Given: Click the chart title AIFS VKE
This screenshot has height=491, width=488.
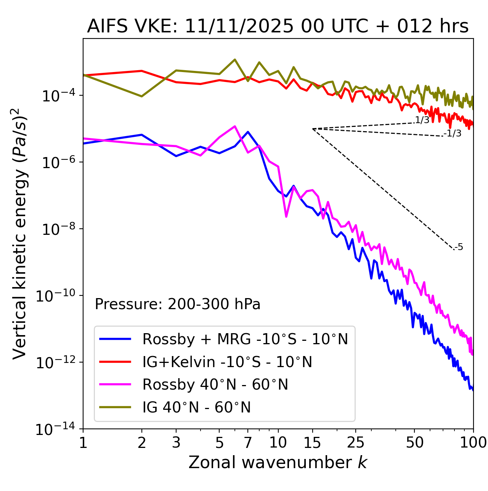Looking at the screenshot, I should [x=278, y=27].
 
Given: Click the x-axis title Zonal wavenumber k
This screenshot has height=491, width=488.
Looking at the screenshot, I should [x=278, y=462].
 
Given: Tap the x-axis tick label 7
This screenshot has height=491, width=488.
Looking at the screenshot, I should [x=248, y=443].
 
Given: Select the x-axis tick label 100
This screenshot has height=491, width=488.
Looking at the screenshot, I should [x=473, y=443].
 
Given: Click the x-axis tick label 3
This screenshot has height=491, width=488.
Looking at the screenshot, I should [x=176, y=443].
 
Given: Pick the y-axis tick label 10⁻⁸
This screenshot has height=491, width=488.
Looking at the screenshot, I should [x=57, y=229].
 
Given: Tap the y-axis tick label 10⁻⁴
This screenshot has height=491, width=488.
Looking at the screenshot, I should [x=57, y=96].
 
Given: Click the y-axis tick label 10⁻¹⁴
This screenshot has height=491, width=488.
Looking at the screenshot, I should [x=55, y=430].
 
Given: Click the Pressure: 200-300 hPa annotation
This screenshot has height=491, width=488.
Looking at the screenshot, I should [x=178, y=304].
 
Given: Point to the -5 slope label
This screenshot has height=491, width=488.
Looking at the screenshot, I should [x=459, y=247].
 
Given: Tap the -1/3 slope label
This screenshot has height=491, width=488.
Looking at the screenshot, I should [x=453, y=133].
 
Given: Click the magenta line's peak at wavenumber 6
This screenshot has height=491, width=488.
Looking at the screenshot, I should [x=235, y=126].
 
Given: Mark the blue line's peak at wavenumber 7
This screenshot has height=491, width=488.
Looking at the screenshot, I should [x=248, y=132].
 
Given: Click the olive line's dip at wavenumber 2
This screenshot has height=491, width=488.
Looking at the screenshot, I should [x=142, y=96].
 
